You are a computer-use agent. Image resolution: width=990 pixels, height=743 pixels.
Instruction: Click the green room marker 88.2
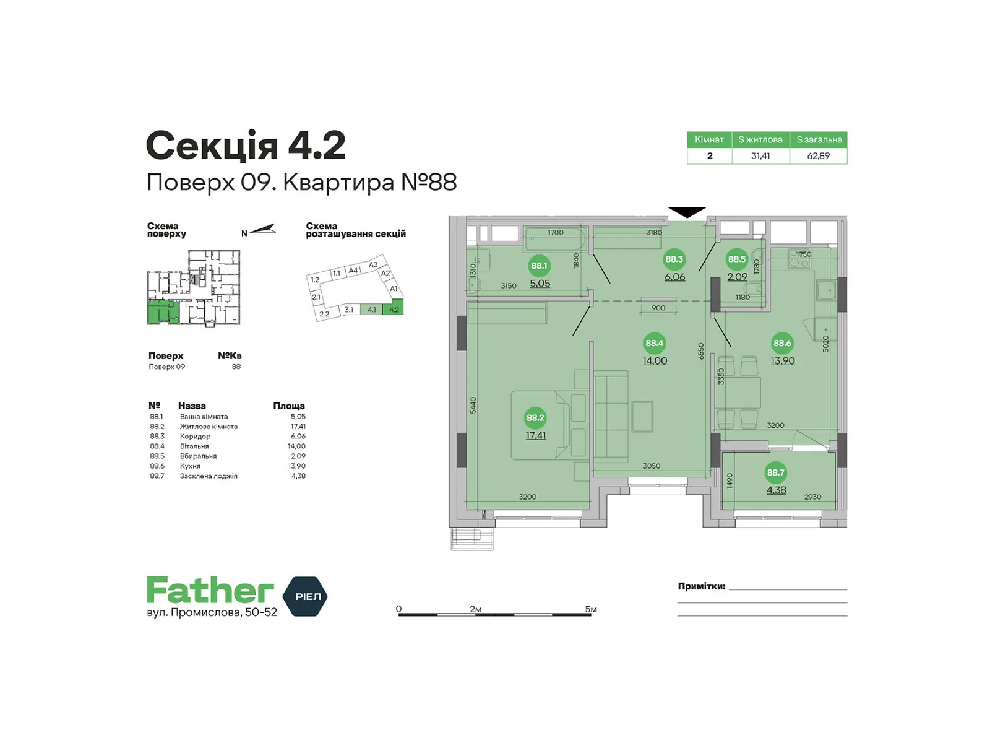pos(535,418)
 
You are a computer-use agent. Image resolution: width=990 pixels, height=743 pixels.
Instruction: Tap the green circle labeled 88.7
pos(775,472)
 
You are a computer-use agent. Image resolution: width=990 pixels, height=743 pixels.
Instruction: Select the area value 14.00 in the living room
pos(655,361)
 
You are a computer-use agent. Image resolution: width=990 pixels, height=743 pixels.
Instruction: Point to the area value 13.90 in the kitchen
pos(782,361)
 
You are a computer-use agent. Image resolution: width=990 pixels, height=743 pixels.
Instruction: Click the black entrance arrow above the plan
pos(686,212)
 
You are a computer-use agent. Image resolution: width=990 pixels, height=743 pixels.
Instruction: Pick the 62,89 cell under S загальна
pos(818,156)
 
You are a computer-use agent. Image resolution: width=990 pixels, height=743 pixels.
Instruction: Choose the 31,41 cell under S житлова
pos(760,156)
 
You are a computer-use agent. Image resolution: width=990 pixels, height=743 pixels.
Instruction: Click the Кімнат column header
pos(709,140)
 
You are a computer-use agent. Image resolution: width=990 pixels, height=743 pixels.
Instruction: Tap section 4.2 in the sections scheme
pos(394,309)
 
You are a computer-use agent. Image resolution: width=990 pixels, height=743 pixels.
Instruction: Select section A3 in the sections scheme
pos(373,265)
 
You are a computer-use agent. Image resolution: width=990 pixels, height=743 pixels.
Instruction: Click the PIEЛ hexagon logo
pos(305,596)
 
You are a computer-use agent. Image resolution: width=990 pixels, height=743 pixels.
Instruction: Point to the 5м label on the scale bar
pos(590,609)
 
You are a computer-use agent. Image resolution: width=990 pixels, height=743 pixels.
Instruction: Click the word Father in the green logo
pos(210,590)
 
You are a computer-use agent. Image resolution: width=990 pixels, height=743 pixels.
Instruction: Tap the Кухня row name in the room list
pos(190,466)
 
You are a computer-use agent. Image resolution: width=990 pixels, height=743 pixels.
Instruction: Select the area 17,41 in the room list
pos(298,427)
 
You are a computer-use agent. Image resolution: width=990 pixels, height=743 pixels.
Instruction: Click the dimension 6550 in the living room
pos(700,351)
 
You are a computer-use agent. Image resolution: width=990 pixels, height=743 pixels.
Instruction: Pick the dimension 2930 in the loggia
pos(812,497)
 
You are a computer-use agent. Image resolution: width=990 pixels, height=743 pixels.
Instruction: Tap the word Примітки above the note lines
pos(701,586)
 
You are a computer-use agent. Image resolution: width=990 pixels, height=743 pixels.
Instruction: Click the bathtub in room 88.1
pos(555,239)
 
